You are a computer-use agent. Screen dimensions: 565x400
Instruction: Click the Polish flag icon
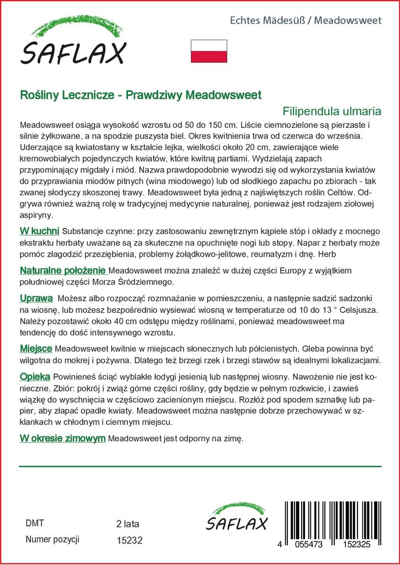pyautogui.click(x=209, y=50)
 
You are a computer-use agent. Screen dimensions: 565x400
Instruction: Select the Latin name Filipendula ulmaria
pyautogui.click(x=332, y=109)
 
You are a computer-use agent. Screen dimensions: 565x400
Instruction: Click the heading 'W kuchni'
pyautogui.click(x=40, y=230)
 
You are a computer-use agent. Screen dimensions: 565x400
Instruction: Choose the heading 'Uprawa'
pyautogui.click(x=36, y=299)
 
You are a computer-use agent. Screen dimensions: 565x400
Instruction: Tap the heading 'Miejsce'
pyautogui.click(x=36, y=349)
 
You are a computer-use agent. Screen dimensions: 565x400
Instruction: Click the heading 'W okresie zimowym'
pyautogui.click(x=62, y=438)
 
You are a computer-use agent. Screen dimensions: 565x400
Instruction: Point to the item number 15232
pyautogui.click(x=130, y=541)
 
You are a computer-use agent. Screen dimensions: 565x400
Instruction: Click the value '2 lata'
pyautogui.click(x=128, y=524)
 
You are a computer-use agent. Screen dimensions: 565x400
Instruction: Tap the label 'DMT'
pyautogui.click(x=35, y=523)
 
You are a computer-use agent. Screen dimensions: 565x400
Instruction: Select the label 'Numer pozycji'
pyautogui.click(x=53, y=540)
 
